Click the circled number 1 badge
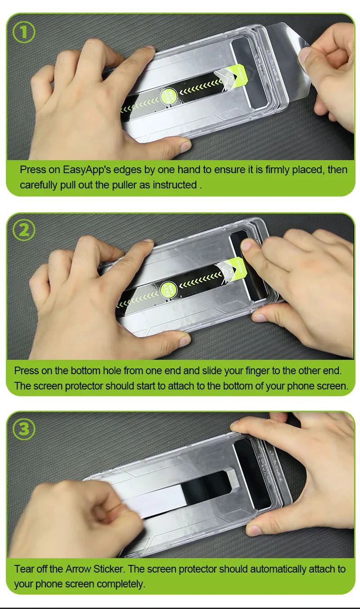(24, 32)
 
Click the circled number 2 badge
(24, 230)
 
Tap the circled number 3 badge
(24, 429)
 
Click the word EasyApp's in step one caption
(87, 170)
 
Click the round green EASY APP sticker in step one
(168, 96)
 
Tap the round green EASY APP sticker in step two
(168, 290)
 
